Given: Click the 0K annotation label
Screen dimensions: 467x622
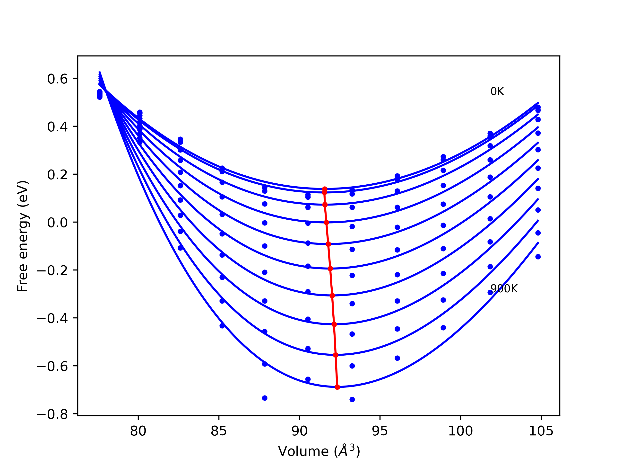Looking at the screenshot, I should pos(497,92).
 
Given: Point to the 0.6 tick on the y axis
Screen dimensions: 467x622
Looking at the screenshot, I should pos(57,79).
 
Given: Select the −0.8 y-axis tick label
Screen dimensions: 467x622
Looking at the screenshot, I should pos(52,415).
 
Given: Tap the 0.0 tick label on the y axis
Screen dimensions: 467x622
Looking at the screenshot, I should pos(57,223).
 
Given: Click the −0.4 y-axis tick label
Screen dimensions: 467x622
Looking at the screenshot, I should pos(52,319).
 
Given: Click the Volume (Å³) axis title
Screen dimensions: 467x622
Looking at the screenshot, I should pos(319,451).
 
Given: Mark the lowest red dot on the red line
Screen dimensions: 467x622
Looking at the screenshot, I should pos(337,387).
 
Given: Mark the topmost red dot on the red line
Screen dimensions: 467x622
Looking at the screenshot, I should pos(325,189).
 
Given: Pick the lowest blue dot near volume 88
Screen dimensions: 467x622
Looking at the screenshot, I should pos(265,398).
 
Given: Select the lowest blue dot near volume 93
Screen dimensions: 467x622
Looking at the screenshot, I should pos(352,399).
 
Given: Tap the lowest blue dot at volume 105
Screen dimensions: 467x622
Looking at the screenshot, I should pos(538,257).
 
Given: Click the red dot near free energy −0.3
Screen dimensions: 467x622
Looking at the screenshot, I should pos(332,296).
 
